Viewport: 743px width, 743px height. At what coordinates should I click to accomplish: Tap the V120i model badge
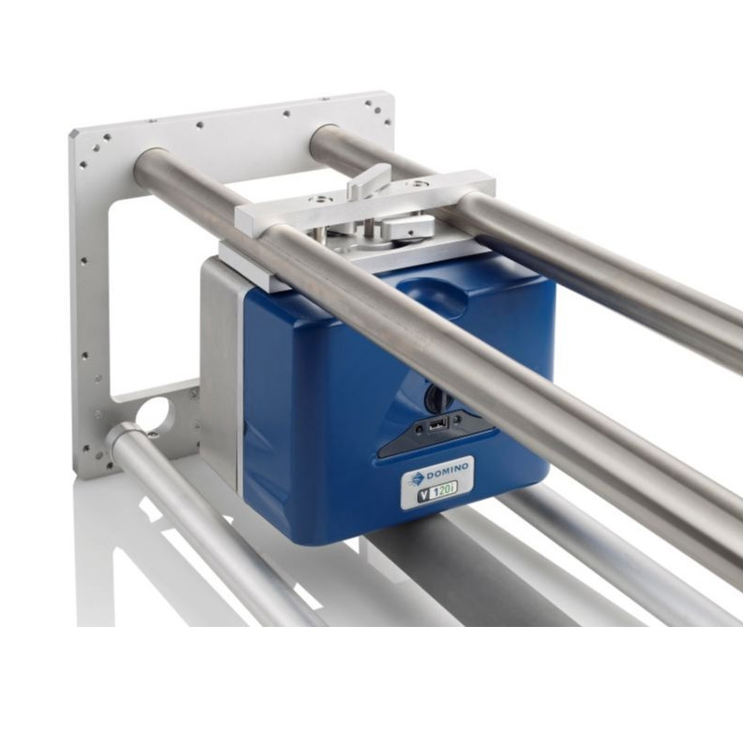(x=436, y=494)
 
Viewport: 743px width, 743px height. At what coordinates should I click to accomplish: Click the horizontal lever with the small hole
(x=409, y=227)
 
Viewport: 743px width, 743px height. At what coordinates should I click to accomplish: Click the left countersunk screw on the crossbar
(x=316, y=199)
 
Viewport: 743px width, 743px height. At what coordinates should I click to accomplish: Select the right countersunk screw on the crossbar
(x=420, y=183)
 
